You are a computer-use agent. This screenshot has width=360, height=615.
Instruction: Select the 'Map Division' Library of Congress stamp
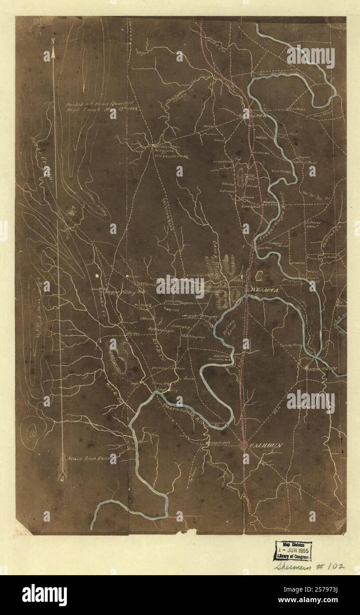292,551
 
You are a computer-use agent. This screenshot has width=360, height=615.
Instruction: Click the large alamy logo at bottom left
44,595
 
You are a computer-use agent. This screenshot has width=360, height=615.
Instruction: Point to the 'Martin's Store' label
161,146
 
